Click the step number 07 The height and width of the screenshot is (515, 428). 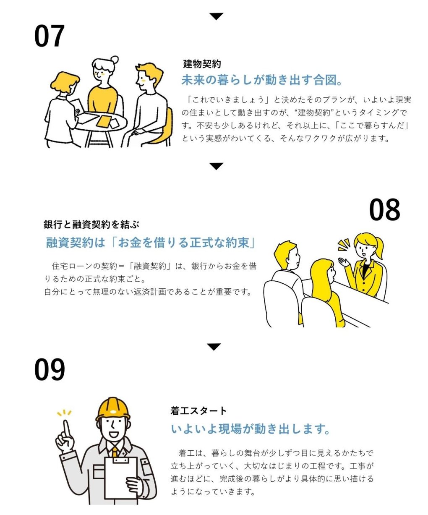pos(50,36)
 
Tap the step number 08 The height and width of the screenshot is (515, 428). pos(384,209)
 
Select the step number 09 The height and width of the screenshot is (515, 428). pos(50,369)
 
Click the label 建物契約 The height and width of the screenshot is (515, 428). pos(202,64)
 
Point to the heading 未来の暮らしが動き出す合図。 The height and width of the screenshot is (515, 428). pos(261,80)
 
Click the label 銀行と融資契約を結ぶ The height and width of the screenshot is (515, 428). pos(91,225)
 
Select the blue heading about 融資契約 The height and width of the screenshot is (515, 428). pos(150,243)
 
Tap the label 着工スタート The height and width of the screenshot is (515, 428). pos(198,411)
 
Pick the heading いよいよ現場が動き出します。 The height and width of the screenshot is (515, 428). pos(250,429)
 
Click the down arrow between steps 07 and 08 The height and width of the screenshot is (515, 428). pos(216,166)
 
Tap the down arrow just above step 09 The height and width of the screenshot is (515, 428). pos(214,347)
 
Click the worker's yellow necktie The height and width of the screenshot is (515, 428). pos(115,451)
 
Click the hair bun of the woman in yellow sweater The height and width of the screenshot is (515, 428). pos(115,60)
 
